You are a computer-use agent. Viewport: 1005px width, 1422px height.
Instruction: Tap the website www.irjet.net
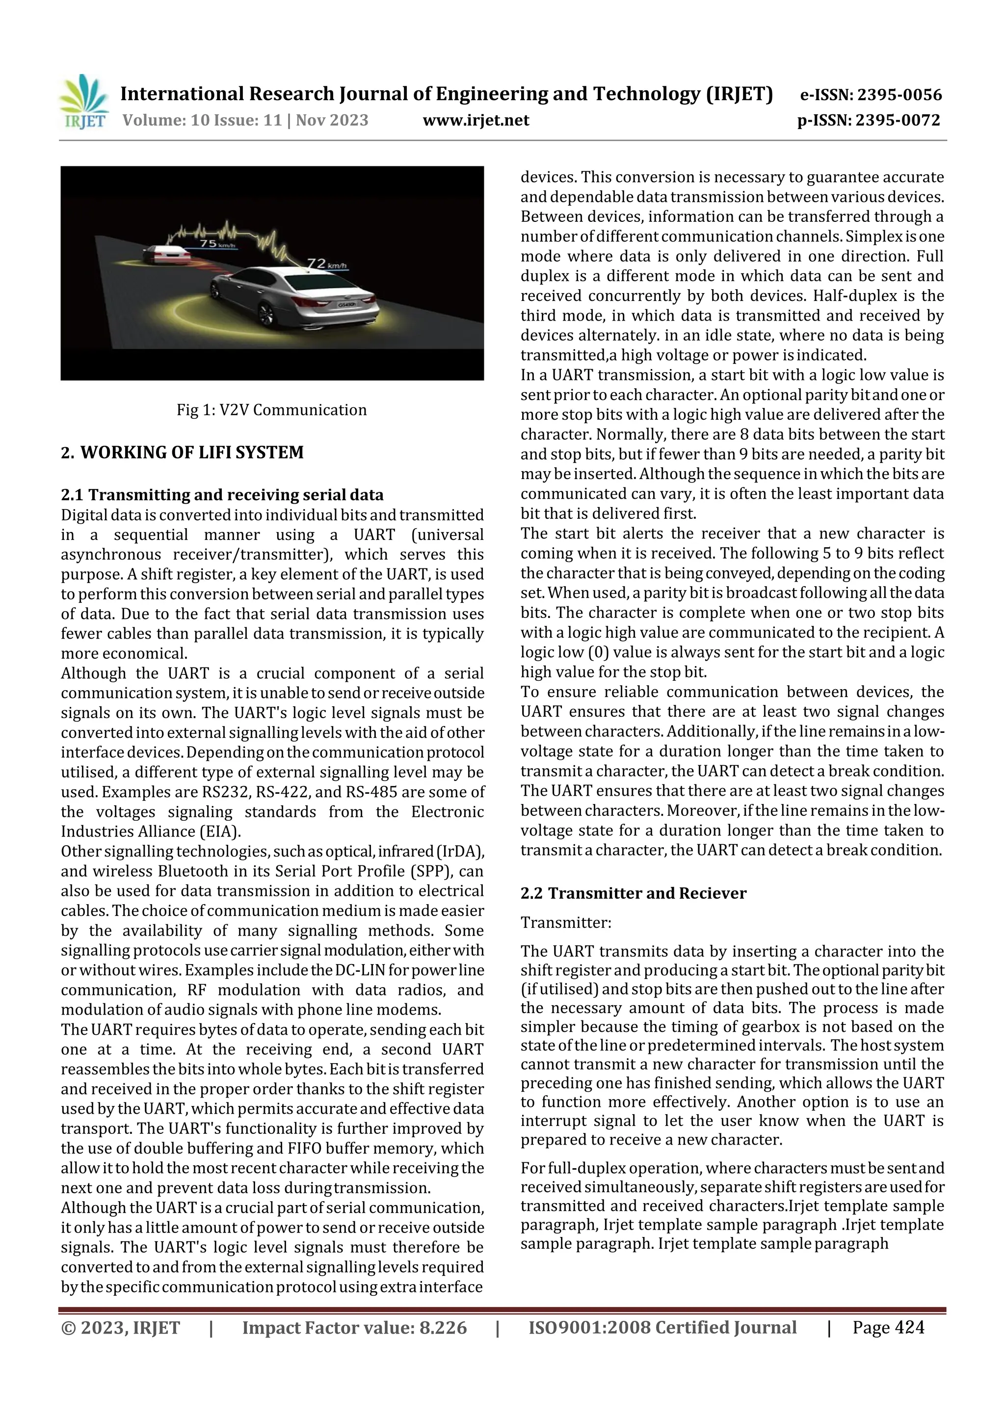(476, 120)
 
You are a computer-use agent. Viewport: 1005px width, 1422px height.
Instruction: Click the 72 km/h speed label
(327, 265)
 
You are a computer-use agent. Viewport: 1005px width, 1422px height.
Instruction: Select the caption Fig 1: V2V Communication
(271, 410)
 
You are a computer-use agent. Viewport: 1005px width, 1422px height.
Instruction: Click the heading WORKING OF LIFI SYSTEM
(192, 452)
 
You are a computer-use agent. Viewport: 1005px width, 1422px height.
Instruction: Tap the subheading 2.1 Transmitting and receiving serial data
(222, 495)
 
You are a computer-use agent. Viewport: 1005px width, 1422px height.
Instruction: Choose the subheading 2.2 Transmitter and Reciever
(634, 893)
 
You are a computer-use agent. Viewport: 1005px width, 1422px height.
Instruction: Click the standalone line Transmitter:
(566, 923)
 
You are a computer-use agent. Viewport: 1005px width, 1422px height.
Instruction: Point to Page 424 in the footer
(888, 1327)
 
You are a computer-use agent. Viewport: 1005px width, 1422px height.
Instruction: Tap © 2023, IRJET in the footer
(121, 1328)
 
